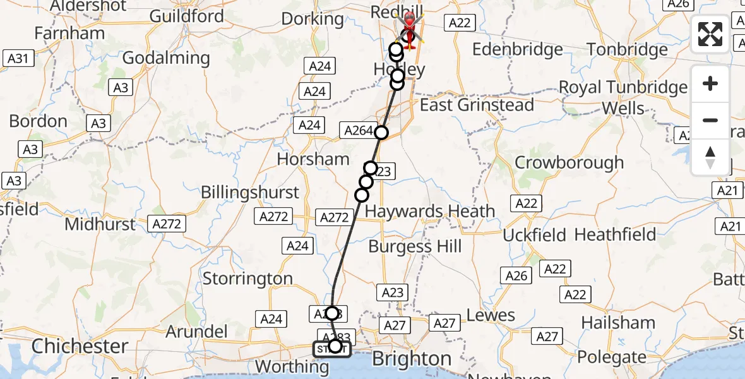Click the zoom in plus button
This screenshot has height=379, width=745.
(x=710, y=84)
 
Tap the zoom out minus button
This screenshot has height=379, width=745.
(x=710, y=120)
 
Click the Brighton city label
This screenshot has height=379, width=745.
(x=412, y=359)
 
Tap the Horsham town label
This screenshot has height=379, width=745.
(x=313, y=159)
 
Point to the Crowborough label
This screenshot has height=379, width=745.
(x=569, y=162)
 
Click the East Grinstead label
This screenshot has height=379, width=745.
(x=477, y=105)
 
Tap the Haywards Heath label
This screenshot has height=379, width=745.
(x=430, y=211)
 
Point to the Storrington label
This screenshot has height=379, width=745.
(x=247, y=279)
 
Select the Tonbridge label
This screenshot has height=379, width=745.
(x=627, y=49)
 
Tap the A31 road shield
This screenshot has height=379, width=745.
(x=18, y=59)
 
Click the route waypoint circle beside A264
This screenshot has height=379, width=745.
(x=381, y=133)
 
